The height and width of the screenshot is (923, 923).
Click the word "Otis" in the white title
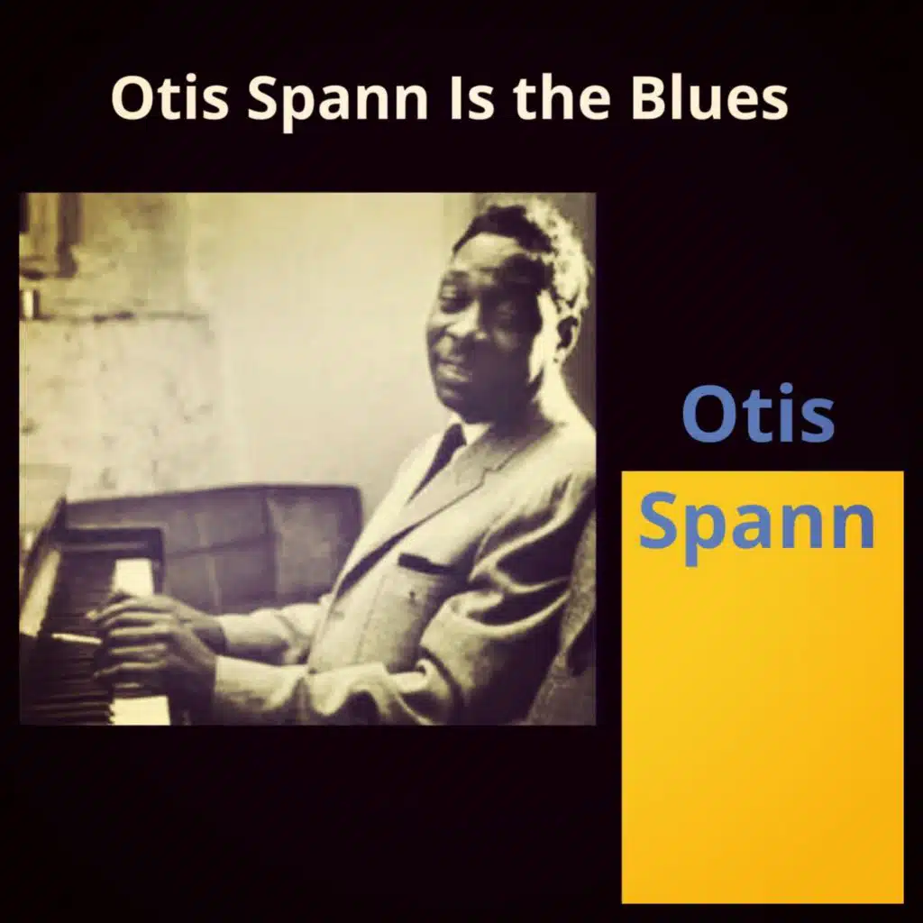[x=169, y=97]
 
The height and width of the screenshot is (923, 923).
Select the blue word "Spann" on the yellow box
[x=756, y=525]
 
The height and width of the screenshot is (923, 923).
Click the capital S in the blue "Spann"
[x=658, y=520]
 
